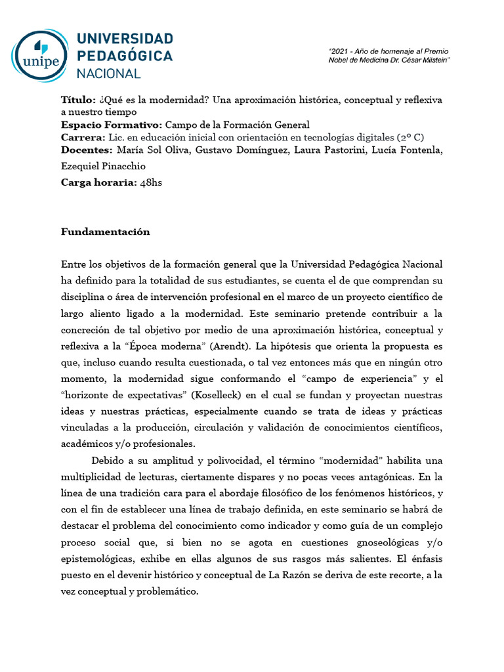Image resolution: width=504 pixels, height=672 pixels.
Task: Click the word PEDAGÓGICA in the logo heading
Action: [x=125, y=56]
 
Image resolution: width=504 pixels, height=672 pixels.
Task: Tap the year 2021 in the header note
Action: [x=340, y=51]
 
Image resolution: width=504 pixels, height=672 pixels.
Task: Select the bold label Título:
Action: [x=77, y=100]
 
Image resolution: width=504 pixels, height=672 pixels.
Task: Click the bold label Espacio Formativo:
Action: [x=111, y=125]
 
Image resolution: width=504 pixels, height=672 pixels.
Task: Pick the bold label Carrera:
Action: [x=83, y=137]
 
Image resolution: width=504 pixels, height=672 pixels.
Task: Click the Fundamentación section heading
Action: [x=106, y=232]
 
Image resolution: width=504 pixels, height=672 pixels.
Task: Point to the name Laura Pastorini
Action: [x=336, y=150]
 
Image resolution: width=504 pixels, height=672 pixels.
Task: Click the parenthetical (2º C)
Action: [x=410, y=137]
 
